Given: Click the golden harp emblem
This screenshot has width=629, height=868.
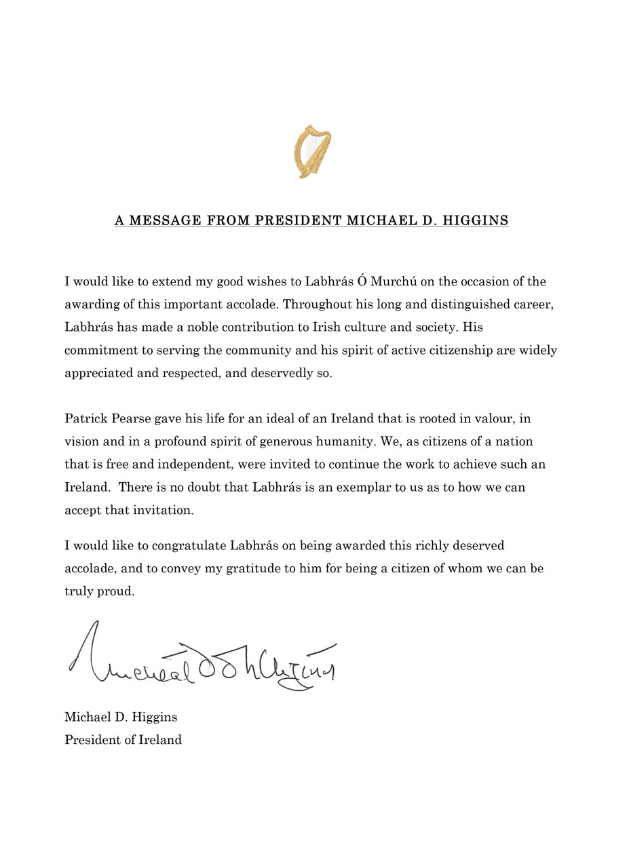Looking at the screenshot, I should point(313,151).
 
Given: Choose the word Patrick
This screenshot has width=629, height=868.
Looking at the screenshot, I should point(85,418).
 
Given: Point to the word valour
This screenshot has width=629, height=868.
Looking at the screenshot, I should point(497,418).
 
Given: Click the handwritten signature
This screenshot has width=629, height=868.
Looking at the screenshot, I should point(202,658).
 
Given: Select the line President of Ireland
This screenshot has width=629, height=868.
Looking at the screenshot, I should point(123,740).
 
